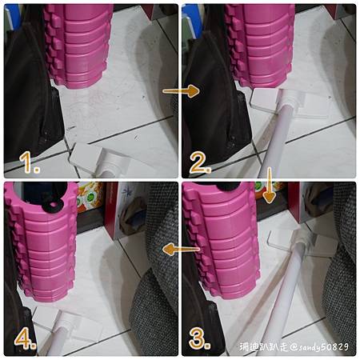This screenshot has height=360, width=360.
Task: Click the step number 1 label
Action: coord(30,162)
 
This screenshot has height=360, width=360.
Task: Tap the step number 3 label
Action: coord(199,339)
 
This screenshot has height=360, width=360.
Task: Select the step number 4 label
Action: coord(26,338)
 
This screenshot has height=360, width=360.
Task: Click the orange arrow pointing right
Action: coord(181,91)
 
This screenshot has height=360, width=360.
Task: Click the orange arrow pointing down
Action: coord(270,186)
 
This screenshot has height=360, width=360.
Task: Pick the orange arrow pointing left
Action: coord(181,250)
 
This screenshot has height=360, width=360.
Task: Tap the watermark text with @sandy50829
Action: coord(294,347)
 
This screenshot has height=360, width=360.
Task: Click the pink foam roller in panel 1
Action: coord(78,46)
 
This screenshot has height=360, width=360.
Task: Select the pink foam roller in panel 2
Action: coord(258,46)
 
